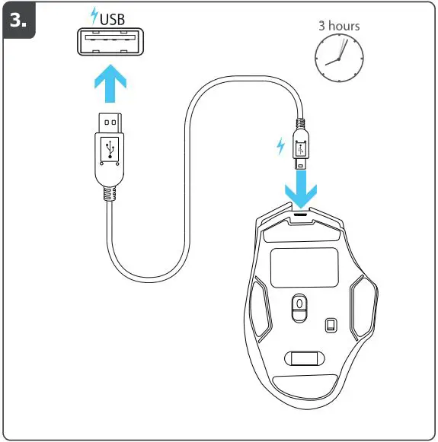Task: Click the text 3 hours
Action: point(339,26)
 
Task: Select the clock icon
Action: point(339,59)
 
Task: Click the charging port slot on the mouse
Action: point(302,215)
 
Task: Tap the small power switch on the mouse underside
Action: point(331,326)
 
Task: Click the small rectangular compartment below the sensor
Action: point(302,357)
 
